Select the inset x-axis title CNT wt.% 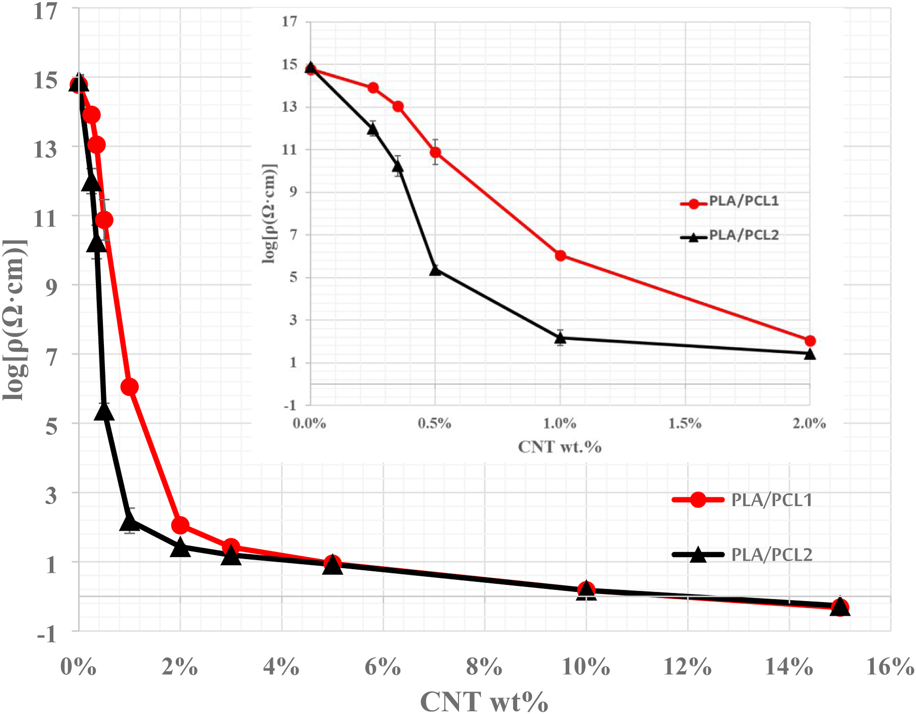pyautogui.click(x=560, y=447)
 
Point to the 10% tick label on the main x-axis pyautogui.click(x=586, y=666)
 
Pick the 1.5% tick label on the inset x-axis pyautogui.click(x=685, y=423)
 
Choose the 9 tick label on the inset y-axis pyautogui.click(x=293, y=192)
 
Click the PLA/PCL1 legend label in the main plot pyautogui.click(x=772, y=500)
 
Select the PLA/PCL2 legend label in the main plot pyautogui.click(x=772, y=555)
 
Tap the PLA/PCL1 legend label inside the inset pyautogui.click(x=744, y=201)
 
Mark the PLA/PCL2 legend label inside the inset pyautogui.click(x=744, y=235)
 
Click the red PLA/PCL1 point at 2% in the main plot pyautogui.click(x=180, y=525)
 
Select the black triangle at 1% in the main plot pyautogui.click(x=130, y=522)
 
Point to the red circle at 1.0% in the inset pyautogui.click(x=560, y=256)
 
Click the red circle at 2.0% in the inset pyautogui.click(x=810, y=341)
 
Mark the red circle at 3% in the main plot pyautogui.click(x=231, y=547)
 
